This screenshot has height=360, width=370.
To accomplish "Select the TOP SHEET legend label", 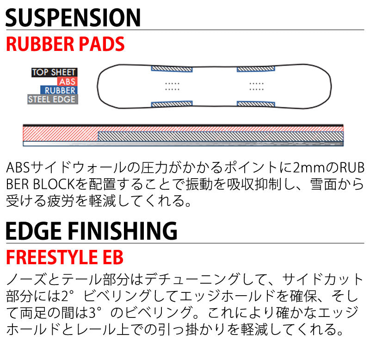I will point(54,73).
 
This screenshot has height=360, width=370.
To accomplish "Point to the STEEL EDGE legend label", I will point(52,99).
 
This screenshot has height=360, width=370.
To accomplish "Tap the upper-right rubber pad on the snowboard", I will point(256,68).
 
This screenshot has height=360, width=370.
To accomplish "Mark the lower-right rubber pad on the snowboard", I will point(256,104).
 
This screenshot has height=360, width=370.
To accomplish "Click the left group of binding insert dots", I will point(172,86).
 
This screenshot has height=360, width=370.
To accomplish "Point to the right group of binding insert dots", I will point(256,86).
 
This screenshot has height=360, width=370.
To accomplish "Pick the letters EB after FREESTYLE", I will point(114,257).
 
